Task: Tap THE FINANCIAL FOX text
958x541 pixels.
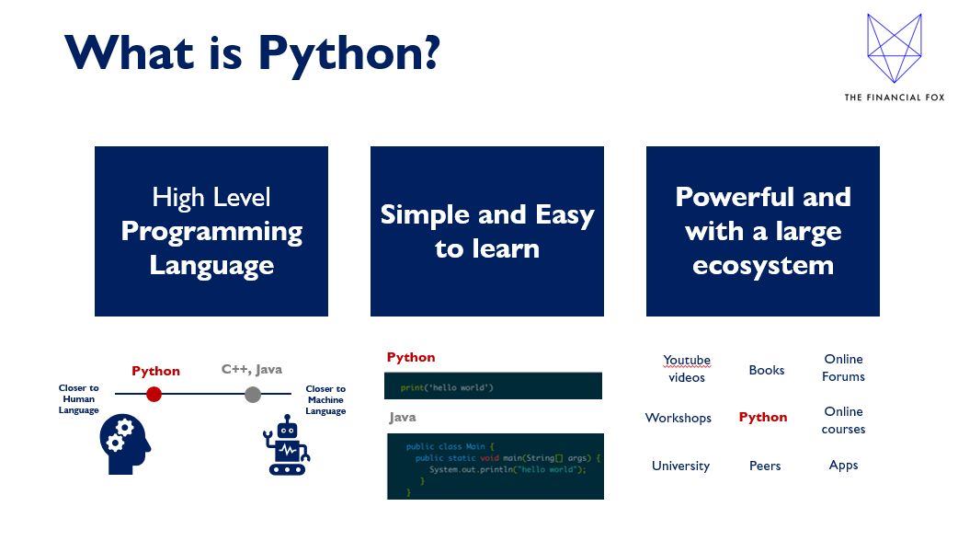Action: [895, 98]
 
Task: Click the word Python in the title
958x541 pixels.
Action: [348, 53]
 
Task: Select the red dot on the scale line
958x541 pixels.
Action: [154, 395]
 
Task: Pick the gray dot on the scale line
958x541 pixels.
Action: [253, 395]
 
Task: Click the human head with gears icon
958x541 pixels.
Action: [125, 444]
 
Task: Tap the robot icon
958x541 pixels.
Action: [287, 445]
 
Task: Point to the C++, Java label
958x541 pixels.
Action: [252, 369]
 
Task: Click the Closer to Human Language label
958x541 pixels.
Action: [79, 398]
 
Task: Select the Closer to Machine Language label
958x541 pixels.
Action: [325, 400]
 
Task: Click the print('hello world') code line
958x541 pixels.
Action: [447, 387]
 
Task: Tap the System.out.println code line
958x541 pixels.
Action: [508, 469]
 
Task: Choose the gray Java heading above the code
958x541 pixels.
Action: [403, 418]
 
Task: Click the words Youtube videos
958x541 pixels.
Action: [687, 368]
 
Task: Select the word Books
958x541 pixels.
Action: [767, 370]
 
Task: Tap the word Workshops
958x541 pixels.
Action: [679, 418]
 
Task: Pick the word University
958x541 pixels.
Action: [680, 466]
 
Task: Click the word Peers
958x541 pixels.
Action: [765, 466]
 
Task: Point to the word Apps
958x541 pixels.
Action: [843, 466]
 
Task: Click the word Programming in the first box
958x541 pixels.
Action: [211, 232]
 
